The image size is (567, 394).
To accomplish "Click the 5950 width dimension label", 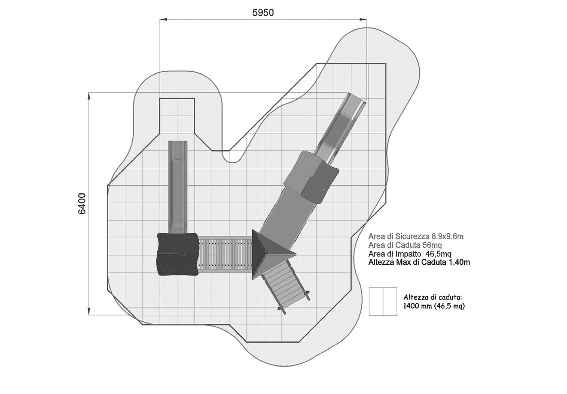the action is [263, 13].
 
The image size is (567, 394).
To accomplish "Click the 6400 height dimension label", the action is [82, 204].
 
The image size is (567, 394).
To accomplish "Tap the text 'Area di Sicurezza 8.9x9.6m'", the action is [416, 237].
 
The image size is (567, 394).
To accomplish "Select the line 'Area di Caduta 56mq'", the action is [405, 245].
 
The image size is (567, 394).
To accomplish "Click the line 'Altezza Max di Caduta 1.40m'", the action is [419, 262].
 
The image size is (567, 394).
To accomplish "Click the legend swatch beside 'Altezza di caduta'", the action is [383, 301].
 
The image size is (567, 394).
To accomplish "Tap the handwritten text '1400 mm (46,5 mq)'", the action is [434, 306].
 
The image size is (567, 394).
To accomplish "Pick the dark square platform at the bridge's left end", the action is [177, 254].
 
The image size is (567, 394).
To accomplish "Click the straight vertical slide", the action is [178, 187].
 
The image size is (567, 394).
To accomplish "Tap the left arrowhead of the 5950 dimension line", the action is [163, 19].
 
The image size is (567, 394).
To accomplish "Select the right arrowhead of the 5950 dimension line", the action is [364, 19].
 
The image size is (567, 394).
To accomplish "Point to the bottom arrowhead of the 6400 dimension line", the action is [89, 312].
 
